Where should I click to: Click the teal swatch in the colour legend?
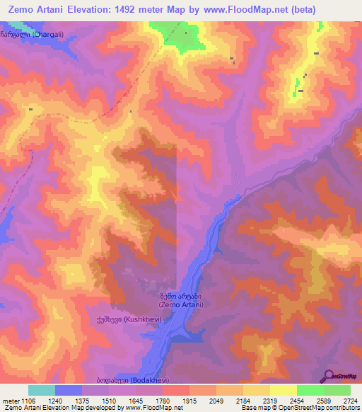(42, 390)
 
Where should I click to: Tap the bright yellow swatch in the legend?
(283, 390)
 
